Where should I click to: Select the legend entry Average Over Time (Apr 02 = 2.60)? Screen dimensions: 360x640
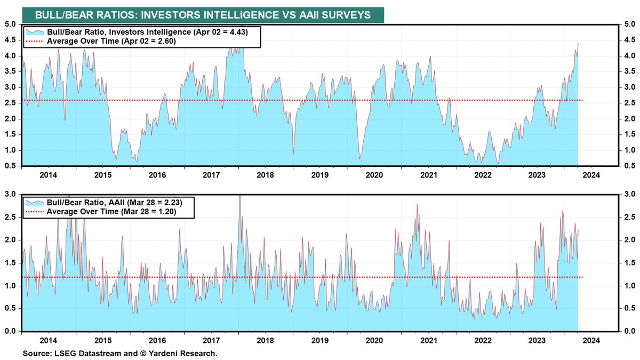pyautogui.click(x=111, y=41)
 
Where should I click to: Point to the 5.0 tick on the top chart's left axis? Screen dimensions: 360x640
pyautogui.click(x=11, y=24)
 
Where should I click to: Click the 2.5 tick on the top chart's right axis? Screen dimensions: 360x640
pyautogui.click(x=629, y=103)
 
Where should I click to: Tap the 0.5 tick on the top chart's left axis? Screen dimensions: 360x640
pyautogui.click(x=11, y=166)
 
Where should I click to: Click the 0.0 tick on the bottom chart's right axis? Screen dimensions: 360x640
pyautogui.click(x=629, y=332)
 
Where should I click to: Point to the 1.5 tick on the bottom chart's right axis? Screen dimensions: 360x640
pyautogui.click(x=629, y=263)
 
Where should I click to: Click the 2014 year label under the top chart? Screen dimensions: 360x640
pyautogui.click(x=49, y=174)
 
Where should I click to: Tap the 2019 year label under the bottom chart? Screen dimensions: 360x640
pyautogui.click(x=319, y=340)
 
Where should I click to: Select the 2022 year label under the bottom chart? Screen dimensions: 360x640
pyautogui.click(x=483, y=340)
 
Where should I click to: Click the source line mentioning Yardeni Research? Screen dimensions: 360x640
pyautogui.click(x=120, y=353)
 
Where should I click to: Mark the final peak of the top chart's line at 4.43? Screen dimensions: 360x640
pyautogui.click(x=578, y=43)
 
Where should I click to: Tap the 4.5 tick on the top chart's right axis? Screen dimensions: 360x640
pyautogui.click(x=629, y=39)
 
